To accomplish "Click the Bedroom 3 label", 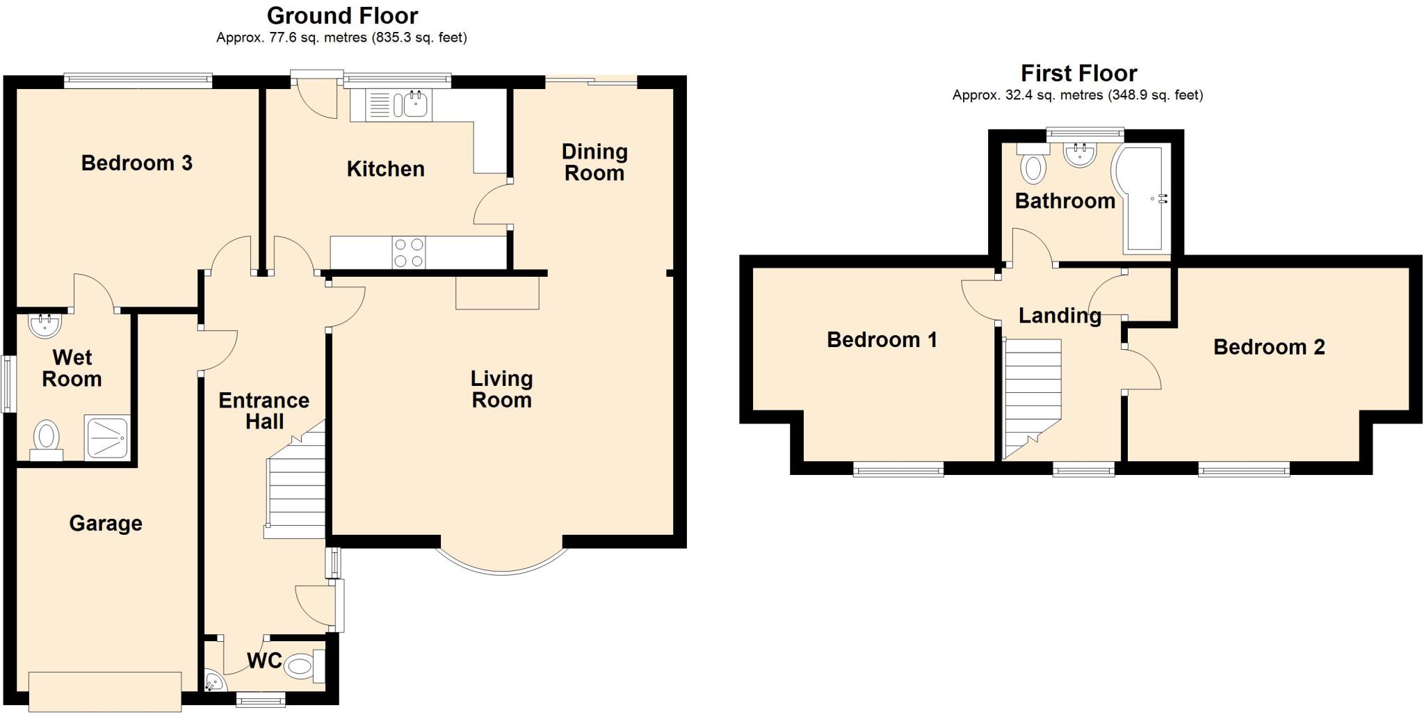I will tap(136, 163).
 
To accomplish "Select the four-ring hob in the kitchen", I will tap(409, 252).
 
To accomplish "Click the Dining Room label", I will tap(594, 162).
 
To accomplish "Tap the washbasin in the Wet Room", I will tap(45, 325).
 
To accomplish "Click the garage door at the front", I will tap(105, 691).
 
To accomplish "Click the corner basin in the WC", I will tap(214, 682).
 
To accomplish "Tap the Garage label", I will tap(106, 523).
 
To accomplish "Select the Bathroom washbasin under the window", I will tap(1080, 154).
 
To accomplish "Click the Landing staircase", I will tap(1032, 396).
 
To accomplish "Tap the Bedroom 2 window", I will tap(1244, 471).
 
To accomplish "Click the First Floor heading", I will tap(1078, 73).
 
